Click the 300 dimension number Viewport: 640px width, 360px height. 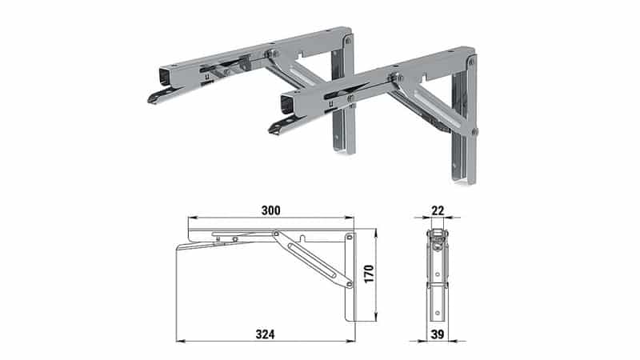click(270, 210)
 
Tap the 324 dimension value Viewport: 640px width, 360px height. click(266, 334)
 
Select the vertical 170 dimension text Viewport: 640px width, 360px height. click(369, 274)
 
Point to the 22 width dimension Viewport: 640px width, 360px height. click(438, 210)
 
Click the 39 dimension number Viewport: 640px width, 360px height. click(438, 334)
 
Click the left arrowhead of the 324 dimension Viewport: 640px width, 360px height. click(180, 341)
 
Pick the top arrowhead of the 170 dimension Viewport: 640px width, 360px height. click(375, 233)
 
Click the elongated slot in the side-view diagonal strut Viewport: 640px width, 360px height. click(311, 260)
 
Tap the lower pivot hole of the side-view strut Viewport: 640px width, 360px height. click(349, 284)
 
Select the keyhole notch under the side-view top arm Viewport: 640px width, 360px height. click(302, 238)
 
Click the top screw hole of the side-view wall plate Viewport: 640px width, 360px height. click(350, 237)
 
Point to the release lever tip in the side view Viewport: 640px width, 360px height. click(178, 248)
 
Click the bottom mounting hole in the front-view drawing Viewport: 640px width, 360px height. click(438, 313)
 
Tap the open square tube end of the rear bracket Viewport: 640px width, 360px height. click(166, 75)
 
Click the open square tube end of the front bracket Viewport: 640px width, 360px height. click(288, 104)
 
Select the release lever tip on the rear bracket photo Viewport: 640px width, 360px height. click(153, 99)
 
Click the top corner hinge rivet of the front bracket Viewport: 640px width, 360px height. click(472, 62)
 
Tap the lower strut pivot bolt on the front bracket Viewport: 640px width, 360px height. click(474, 131)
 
